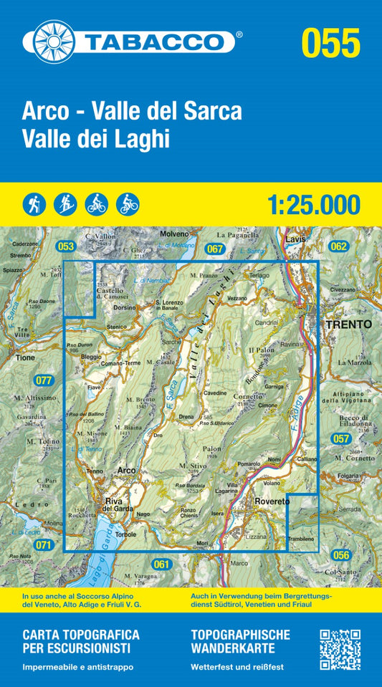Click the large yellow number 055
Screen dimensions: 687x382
tap(330, 42)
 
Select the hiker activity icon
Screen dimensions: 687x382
tap(34, 204)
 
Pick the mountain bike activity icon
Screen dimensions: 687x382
tap(96, 204)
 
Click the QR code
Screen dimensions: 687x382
tap(339, 649)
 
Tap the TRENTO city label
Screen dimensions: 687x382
tap(348, 324)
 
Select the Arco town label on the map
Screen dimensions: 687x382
tap(126, 471)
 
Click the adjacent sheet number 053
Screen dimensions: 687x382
tap(65, 246)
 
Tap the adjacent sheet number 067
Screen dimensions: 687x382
tap(214, 249)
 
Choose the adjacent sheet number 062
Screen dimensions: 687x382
tap(339, 246)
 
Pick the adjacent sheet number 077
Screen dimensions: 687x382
tap(44, 380)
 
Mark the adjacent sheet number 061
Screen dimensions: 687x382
tap(162, 565)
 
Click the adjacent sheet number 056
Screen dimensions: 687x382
tap(340, 555)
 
